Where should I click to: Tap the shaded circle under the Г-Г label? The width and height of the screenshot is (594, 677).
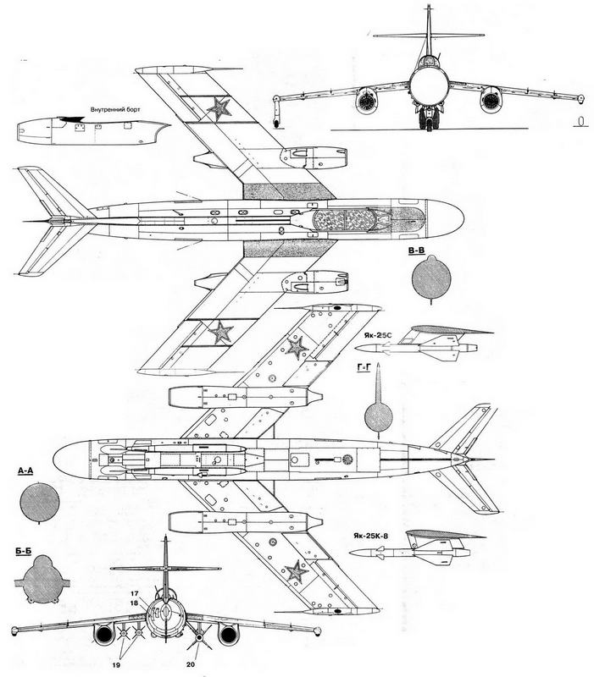[x=378, y=416]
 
